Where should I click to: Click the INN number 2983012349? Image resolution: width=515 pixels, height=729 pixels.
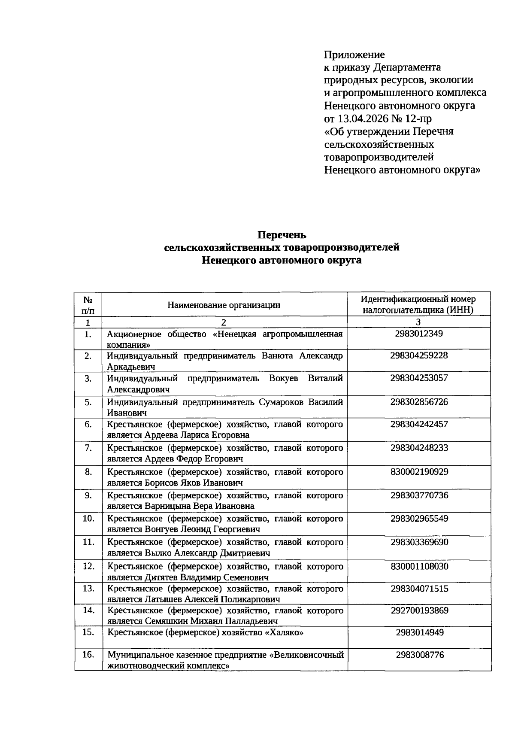[418, 334]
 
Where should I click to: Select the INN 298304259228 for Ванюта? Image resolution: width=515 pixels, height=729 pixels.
[418, 355]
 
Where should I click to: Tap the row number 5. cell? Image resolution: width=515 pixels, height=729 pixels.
[88, 402]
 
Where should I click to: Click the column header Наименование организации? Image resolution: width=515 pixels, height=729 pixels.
[224, 305]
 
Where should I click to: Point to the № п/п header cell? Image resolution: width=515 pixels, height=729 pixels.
[88, 304]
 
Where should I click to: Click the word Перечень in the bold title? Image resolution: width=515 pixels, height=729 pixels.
[282, 235]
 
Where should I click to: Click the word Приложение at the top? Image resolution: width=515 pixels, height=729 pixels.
[354, 55]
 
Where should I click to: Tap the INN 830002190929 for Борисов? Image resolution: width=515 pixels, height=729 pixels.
[419, 472]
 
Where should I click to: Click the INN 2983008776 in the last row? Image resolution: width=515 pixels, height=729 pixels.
[419, 655]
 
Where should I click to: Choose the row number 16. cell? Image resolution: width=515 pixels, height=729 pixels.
[88, 655]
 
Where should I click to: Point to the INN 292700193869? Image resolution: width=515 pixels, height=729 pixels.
[419, 610]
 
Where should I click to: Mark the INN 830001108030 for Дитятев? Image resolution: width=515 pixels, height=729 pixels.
[419, 566]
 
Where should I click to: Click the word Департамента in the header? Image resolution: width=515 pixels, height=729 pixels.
[407, 67]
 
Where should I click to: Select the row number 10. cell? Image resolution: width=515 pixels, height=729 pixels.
[88, 519]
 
